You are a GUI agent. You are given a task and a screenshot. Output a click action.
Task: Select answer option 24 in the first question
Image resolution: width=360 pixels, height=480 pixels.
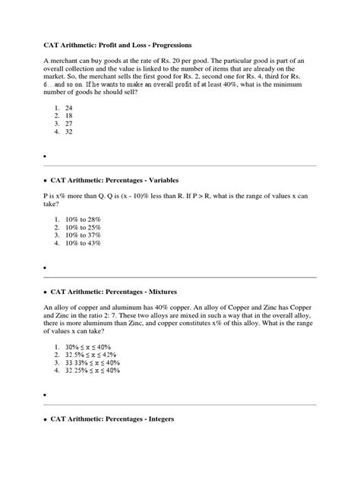70,109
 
